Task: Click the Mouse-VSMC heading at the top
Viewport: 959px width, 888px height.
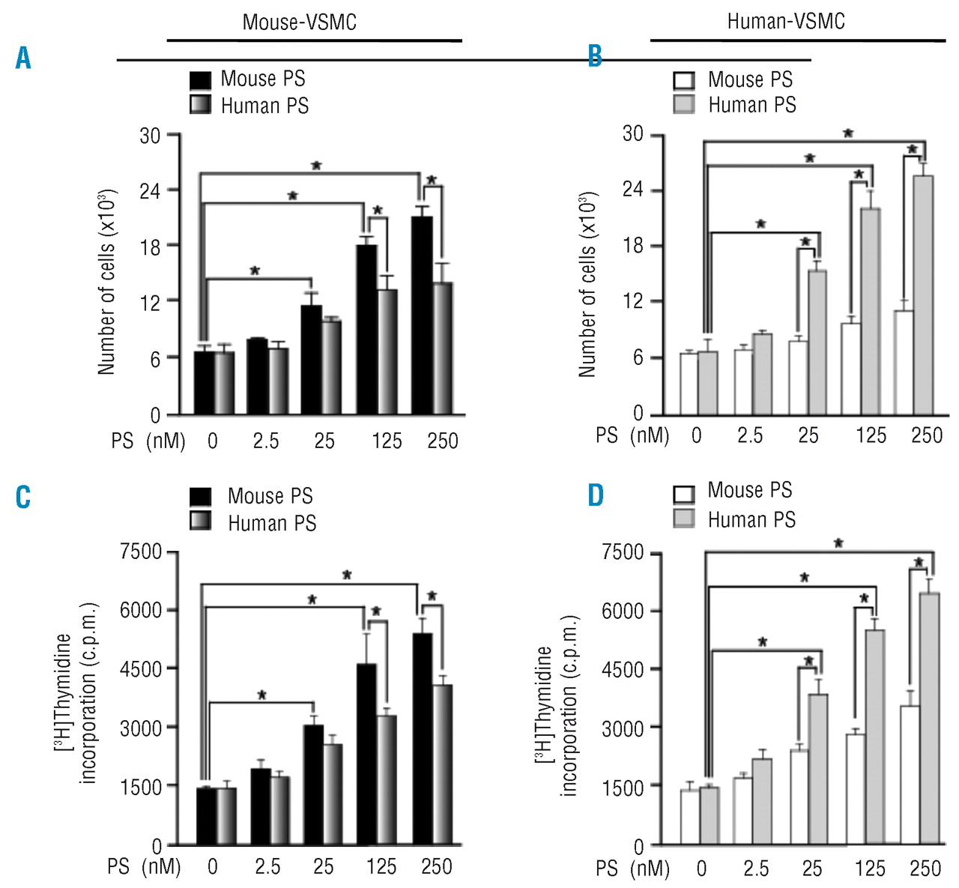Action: tap(299, 22)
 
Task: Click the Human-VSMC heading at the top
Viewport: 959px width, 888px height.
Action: tap(786, 21)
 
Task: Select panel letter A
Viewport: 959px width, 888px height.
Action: tap(23, 58)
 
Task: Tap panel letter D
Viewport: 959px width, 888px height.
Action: tap(595, 495)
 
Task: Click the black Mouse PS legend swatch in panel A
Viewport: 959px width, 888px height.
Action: tap(201, 79)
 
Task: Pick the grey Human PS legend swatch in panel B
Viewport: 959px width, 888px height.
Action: tap(684, 105)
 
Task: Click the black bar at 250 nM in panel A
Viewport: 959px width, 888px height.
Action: tap(422, 315)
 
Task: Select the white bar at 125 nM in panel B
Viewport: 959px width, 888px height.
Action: tap(850, 368)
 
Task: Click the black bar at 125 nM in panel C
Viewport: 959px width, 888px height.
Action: tap(366, 754)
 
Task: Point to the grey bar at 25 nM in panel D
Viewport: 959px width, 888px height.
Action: tap(818, 769)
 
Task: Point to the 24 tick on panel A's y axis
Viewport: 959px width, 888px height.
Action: tap(150, 190)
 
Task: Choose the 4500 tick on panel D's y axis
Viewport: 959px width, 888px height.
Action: tap(623, 669)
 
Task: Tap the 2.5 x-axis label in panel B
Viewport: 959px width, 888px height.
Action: tap(749, 435)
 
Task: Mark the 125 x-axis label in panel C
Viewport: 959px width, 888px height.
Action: tap(381, 867)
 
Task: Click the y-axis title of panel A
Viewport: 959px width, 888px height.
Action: tap(107, 282)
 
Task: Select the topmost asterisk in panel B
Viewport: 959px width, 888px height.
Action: tap(847, 133)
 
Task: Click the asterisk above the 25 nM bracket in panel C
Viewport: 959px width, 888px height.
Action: tap(261, 695)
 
